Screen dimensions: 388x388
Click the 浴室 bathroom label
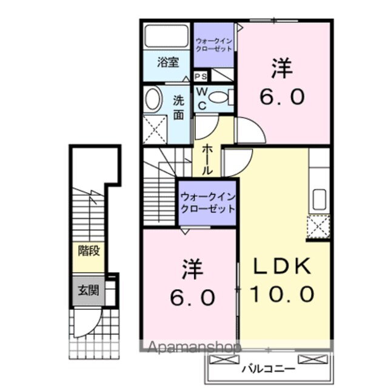click(x=167, y=61)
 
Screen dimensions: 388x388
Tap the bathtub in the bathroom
click(x=167, y=38)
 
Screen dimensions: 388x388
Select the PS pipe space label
click(x=201, y=76)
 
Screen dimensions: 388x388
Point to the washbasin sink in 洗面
click(x=153, y=99)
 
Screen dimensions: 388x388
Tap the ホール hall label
click(x=207, y=159)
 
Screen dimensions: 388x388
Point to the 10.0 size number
click(x=282, y=295)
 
